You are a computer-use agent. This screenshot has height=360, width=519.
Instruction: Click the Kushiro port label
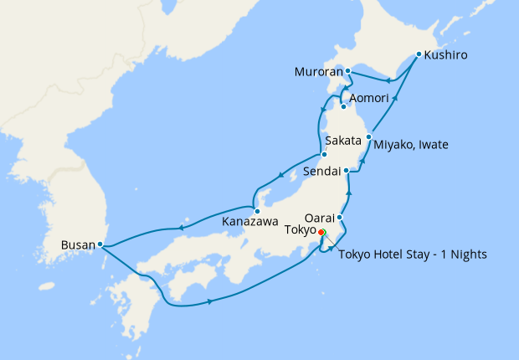tap(445, 57)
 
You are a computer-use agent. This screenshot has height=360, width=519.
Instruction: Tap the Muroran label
tap(317, 72)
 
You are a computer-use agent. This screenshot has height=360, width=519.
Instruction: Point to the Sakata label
tap(342, 140)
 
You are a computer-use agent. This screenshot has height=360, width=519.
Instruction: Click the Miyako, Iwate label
tap(411, 145)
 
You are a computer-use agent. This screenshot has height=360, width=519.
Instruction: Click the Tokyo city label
tap(300, 229)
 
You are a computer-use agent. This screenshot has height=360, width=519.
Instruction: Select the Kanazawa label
tap(250, 223)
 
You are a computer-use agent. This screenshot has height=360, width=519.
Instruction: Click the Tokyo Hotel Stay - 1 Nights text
tap(413, 255)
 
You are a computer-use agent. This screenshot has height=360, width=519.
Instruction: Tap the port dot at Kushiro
tap(419, 54)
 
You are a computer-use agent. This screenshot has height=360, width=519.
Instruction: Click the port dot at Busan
tap(100, 244)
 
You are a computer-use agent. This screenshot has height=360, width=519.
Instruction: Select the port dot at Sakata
tap(323, 155)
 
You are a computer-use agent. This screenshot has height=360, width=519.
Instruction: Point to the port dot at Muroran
tap(347, 72)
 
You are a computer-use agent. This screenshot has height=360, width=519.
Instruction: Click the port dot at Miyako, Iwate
tap(369, 136)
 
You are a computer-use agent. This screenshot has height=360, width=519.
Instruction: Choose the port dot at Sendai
tap(346, 171)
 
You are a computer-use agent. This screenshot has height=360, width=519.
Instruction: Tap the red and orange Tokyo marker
tap(322, 234)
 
